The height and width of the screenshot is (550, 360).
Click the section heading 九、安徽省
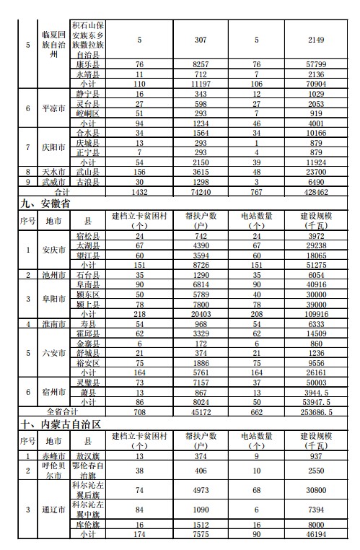coord(46,204)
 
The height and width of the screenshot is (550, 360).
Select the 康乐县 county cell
coord(88,64)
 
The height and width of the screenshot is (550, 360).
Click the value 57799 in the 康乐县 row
coord(314,64)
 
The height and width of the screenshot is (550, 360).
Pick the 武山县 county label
coord(88,172)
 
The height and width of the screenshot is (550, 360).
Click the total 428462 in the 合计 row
coord(314,193)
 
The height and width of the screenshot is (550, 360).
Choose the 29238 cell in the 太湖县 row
coord(314,245)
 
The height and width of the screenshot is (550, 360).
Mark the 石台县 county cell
coord(88,276)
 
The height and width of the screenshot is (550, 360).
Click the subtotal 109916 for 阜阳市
coord(314,315)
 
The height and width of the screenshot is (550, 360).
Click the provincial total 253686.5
coord(314,412)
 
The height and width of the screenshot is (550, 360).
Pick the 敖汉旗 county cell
coord(88,456)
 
